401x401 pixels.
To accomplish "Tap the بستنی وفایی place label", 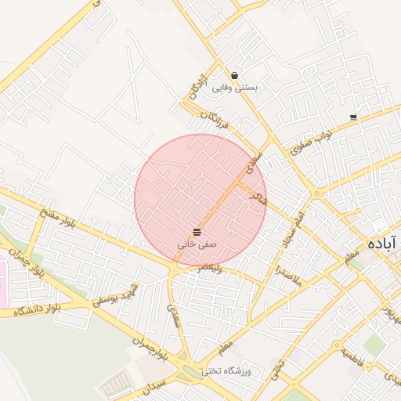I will (x=235, y=88).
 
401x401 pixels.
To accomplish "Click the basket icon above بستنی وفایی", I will (x=235, y=75).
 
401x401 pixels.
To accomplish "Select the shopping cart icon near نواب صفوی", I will (x=354, y=117).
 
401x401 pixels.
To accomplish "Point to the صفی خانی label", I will (x=196, y=244).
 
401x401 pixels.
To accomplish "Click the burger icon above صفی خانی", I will (x=196, y=232).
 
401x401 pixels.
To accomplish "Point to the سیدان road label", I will (x=146, y=389).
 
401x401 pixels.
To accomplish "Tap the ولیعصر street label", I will (x=211, y=268).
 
